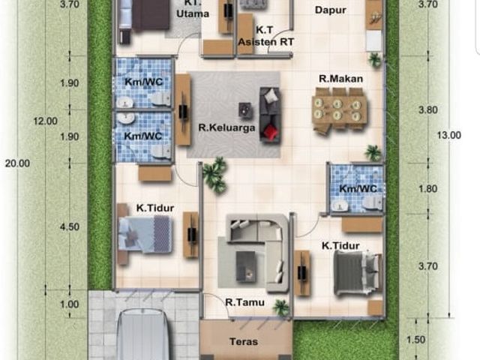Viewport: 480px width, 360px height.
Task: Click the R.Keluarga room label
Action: (226, 127)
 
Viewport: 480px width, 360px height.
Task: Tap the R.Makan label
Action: (340, 79)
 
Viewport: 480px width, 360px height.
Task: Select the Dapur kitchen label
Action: (331, 10)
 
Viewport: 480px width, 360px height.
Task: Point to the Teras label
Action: (244, 342)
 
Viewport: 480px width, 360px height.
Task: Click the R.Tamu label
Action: (245, 302)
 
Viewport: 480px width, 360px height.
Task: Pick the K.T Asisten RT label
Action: (266, 36)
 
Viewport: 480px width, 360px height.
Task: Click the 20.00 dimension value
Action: (17, 163)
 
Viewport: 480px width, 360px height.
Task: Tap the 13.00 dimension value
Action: (448, 135)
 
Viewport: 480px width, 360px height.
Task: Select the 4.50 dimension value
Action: (70, 226)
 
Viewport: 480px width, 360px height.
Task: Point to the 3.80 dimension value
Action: (428, 110)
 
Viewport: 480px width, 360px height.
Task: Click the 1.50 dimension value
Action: (415, 340)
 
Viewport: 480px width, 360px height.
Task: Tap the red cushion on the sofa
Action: (270, 132)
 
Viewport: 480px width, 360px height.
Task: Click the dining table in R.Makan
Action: (340, 109)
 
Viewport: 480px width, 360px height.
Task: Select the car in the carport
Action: (143, 334)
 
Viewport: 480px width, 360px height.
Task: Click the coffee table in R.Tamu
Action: (245, 266)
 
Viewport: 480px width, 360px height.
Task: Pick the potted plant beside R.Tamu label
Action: (281, 307)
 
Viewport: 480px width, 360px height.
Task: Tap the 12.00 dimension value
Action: (45, 121)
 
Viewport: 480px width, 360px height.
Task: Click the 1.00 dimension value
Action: (70, 304)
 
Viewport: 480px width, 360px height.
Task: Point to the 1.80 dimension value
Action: (428, 189)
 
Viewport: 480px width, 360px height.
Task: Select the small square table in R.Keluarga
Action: (246, 110)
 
